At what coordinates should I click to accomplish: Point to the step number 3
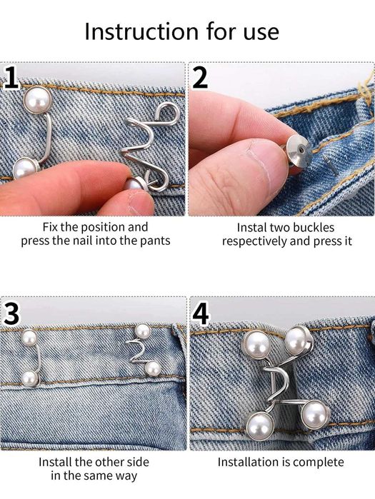pos(11,313)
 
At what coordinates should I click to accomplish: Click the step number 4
pos(201,313)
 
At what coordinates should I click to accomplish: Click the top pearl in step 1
pos(35,99)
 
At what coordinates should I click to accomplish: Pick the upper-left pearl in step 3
pos(29,338)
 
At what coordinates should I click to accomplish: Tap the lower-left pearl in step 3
pos(29,378)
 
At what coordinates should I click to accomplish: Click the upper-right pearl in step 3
pos(142,331)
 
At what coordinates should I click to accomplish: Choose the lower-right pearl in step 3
pos(152,368)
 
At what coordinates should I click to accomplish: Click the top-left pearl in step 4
pos(256,345)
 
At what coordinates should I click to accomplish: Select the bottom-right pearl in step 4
pos(314,413)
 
